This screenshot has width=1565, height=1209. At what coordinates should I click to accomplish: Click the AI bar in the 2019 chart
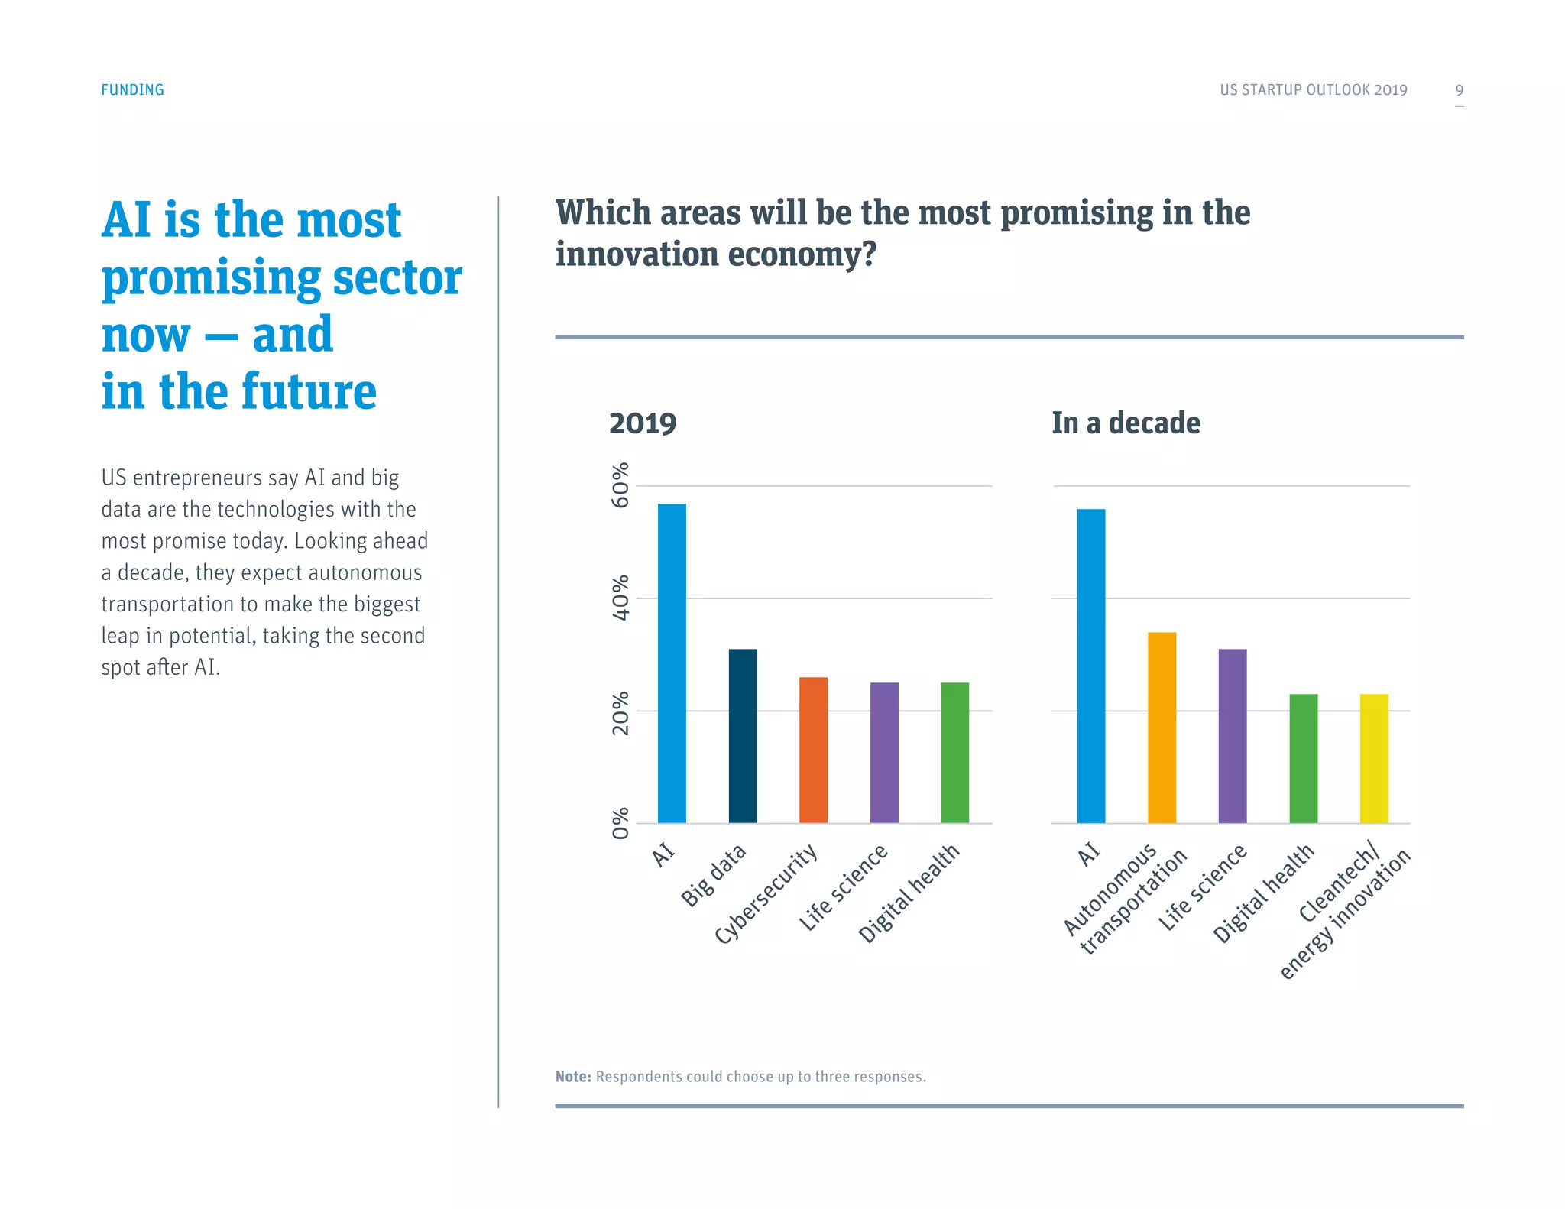pos(672,663)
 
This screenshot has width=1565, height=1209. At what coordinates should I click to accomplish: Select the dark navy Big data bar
pos(743,735)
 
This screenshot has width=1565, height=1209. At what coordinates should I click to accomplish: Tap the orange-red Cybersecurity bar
pos(813,750)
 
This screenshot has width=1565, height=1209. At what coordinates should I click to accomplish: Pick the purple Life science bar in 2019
pos(884,752)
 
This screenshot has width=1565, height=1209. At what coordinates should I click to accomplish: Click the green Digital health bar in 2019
pos(954,752)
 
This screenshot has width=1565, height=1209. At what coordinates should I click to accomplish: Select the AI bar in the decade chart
pos(1090,666)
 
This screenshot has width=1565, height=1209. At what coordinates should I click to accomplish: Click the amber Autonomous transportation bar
pos(1162,727)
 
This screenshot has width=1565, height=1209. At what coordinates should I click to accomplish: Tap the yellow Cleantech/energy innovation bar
pos(1373,758)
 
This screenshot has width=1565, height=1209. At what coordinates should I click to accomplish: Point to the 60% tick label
pos(620,485)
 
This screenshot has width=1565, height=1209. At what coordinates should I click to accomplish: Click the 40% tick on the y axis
pos(620,598)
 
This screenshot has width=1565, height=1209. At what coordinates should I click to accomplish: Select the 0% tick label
pos(620,823)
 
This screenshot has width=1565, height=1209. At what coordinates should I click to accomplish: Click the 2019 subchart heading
pos(642,423)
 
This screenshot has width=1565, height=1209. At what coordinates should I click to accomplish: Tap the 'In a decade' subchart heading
pos(1125,423)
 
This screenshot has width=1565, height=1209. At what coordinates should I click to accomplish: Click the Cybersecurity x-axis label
pos(766,893)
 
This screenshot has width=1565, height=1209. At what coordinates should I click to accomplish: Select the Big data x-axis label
pos(713,875)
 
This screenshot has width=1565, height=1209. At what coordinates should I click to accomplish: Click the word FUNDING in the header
pos(132,89)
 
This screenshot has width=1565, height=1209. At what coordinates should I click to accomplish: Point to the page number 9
pos(1459,90)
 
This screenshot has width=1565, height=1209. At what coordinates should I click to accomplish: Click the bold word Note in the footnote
pos(572,1076)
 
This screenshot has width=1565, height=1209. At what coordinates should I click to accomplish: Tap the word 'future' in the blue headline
pos(309,391)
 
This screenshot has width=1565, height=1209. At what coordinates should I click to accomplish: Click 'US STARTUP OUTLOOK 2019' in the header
pos(1313,89)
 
